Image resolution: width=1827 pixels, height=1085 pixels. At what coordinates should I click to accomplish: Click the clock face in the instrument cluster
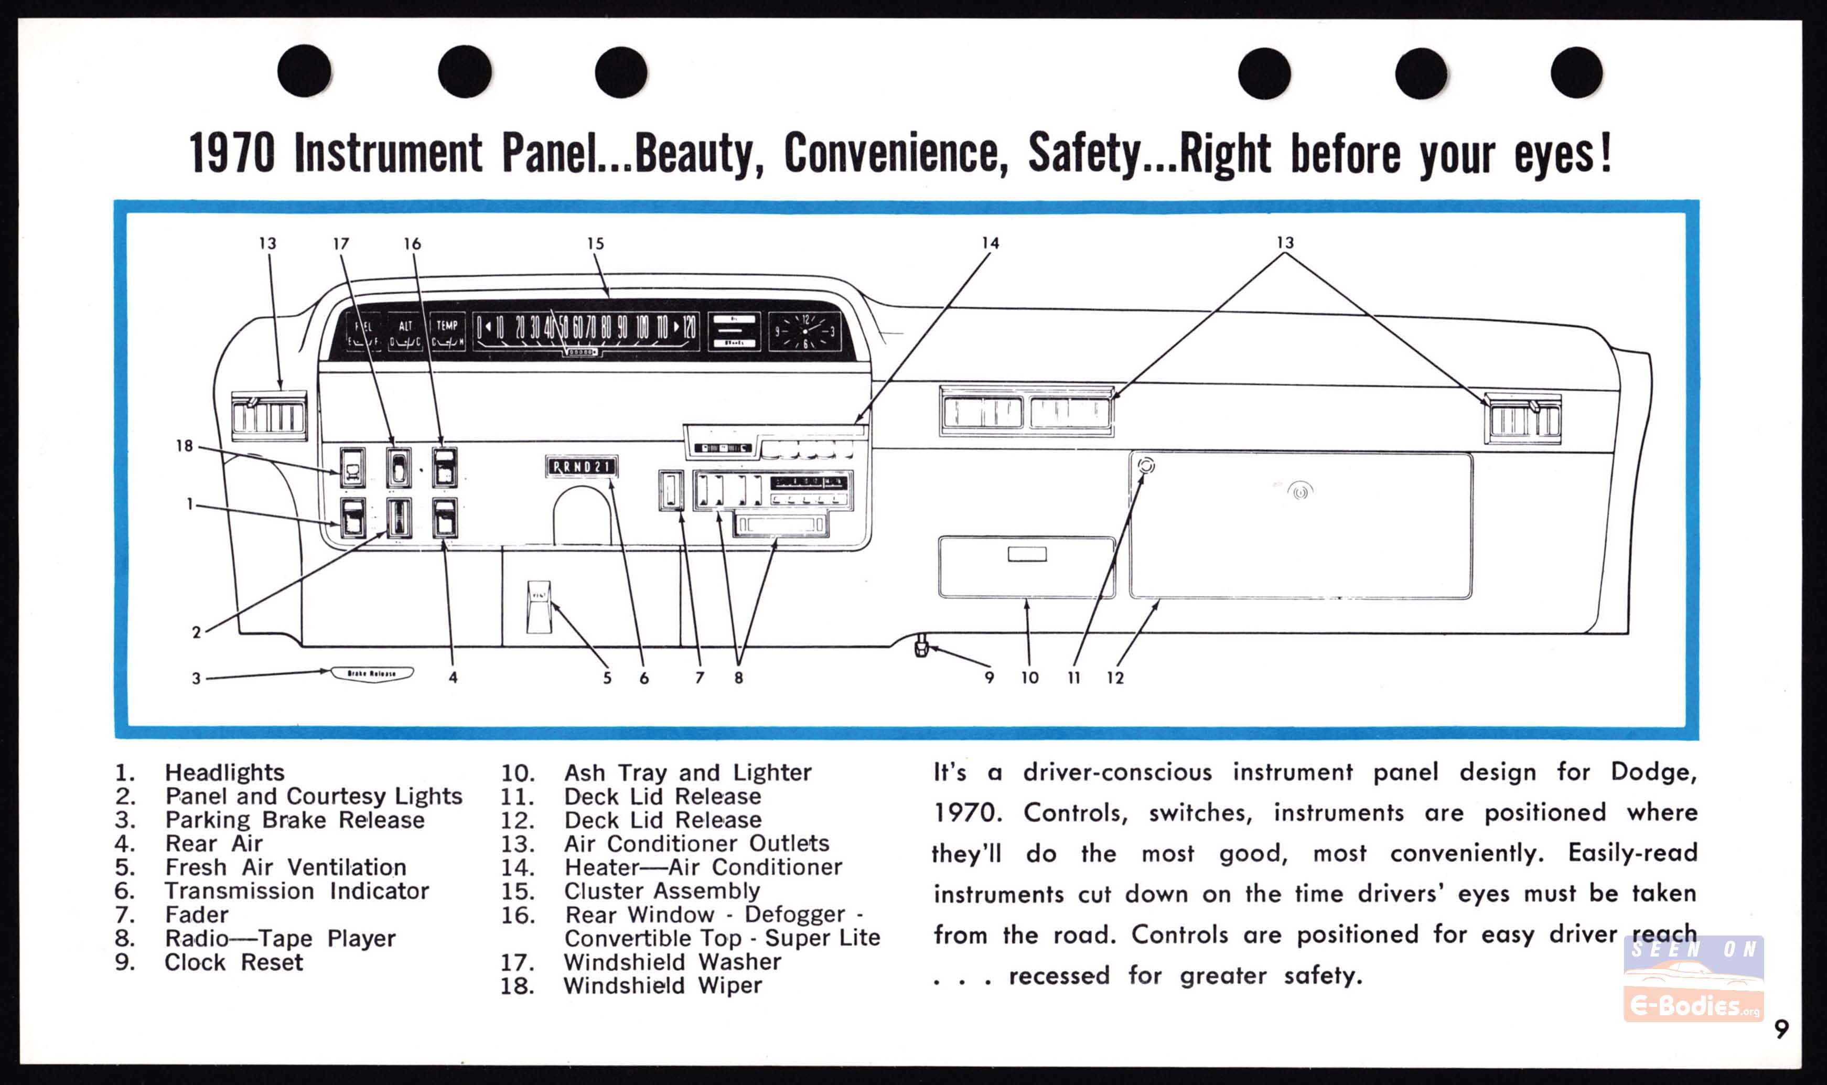click(805, 332)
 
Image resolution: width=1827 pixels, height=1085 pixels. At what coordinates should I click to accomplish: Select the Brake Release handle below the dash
click(372, 673)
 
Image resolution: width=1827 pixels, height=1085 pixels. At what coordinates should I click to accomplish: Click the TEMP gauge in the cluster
click(447, 332)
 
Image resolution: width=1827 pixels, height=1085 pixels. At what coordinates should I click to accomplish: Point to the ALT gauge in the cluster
click(405, 332)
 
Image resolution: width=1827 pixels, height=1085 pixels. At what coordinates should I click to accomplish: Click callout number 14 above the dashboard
click(990, 243)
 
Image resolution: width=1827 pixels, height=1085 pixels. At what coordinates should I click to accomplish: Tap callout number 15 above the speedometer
click(595, 243)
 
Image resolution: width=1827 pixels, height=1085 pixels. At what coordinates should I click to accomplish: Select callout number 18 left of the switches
click(184, 446)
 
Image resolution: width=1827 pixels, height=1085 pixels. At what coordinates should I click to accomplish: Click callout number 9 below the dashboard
click(989, 678)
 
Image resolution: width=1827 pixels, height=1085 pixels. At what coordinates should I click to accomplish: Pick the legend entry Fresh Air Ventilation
click(285, 867)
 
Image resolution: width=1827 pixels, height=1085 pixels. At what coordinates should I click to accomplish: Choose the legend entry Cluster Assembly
click(662, 890)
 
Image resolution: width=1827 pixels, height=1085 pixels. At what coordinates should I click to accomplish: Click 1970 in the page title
click(232, 154)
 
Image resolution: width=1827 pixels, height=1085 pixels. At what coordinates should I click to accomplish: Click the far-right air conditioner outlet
click(1523, 419)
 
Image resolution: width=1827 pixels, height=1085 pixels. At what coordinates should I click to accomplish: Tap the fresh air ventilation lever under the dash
click(539, 605)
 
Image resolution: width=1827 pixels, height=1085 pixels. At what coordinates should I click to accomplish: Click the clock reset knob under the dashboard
click(921, 648)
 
